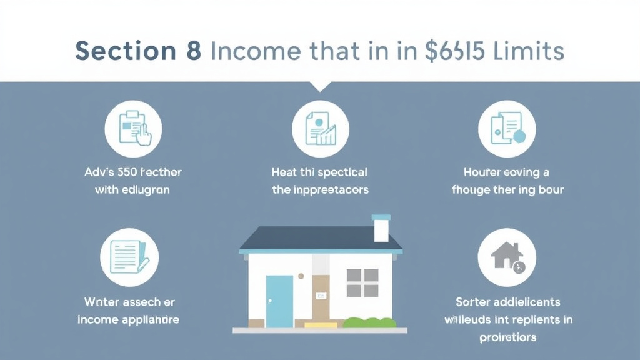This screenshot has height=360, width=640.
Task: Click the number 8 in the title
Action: (193, 51)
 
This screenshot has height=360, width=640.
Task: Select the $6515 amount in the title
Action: (451, 51)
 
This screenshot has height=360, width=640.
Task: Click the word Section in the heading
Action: (123, 51)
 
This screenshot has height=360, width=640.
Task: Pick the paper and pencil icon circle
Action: (130, 256)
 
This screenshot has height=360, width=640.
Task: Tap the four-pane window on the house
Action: (362, 282)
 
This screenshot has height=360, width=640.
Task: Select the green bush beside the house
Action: (369, 322)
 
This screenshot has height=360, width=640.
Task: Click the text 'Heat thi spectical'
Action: (320, 171)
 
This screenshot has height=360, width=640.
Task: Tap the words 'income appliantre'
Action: (129, 319)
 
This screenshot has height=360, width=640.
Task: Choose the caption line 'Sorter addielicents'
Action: (507, 302)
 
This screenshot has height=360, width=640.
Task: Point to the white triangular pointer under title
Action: (320, 86)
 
